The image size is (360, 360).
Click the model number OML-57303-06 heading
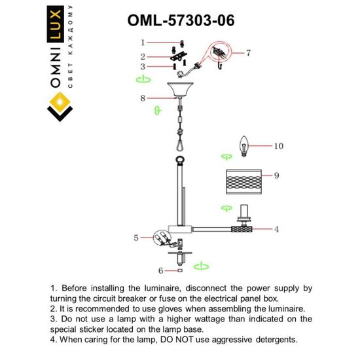point(179,21)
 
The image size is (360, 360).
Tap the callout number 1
point(141,43)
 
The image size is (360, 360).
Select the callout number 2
point(141,55)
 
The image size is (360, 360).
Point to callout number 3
point(141,66)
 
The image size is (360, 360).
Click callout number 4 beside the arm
point(277,229)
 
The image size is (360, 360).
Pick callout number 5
point(136,238)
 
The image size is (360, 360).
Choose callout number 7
point(248,53)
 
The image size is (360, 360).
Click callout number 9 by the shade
point(277,175)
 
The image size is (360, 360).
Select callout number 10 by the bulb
point(279,147)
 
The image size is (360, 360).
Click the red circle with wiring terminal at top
point(219,52)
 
